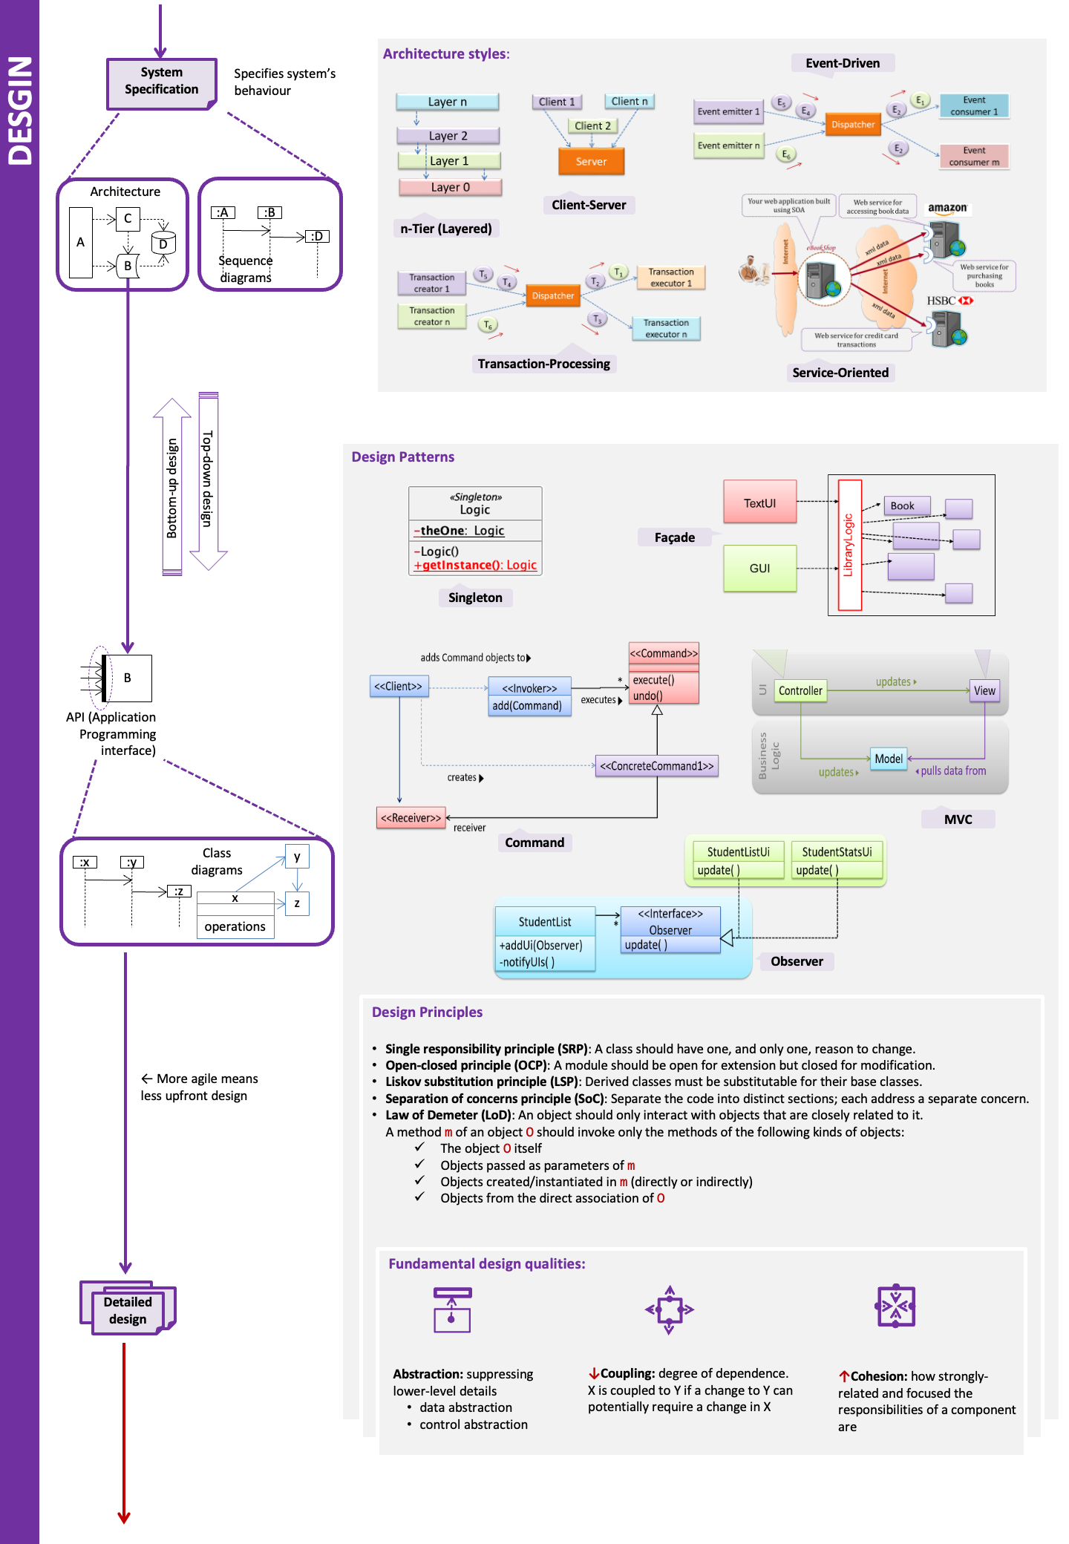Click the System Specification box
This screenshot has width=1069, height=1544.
[161, 82]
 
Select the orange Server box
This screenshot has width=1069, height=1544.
[591, 161]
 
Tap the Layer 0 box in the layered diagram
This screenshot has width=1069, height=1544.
[450, 187]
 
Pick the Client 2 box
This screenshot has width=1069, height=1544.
[592, 125]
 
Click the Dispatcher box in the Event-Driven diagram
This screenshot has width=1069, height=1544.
[852, 125]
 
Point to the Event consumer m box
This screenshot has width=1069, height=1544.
[974, 156]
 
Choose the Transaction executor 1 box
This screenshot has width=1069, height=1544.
[670, 278]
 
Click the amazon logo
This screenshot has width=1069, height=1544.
[947, 208]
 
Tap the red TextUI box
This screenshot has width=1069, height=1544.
[759, 503]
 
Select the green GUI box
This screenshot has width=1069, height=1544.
[759, 568]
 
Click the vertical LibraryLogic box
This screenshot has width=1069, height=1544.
[849, 545]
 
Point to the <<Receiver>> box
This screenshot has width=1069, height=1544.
[411, 818]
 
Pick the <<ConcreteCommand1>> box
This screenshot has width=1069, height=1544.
[656, 766]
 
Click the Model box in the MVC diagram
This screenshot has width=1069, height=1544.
[889, 759]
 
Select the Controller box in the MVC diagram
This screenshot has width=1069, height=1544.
[800, 690]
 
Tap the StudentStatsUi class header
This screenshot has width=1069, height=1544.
[837, 851]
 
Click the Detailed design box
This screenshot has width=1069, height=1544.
[128, 1310]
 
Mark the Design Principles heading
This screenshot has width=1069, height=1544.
[427, 1012]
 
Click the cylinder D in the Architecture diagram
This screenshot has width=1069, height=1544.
[163, 243]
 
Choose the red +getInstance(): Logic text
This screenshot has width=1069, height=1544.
[475, 565]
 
